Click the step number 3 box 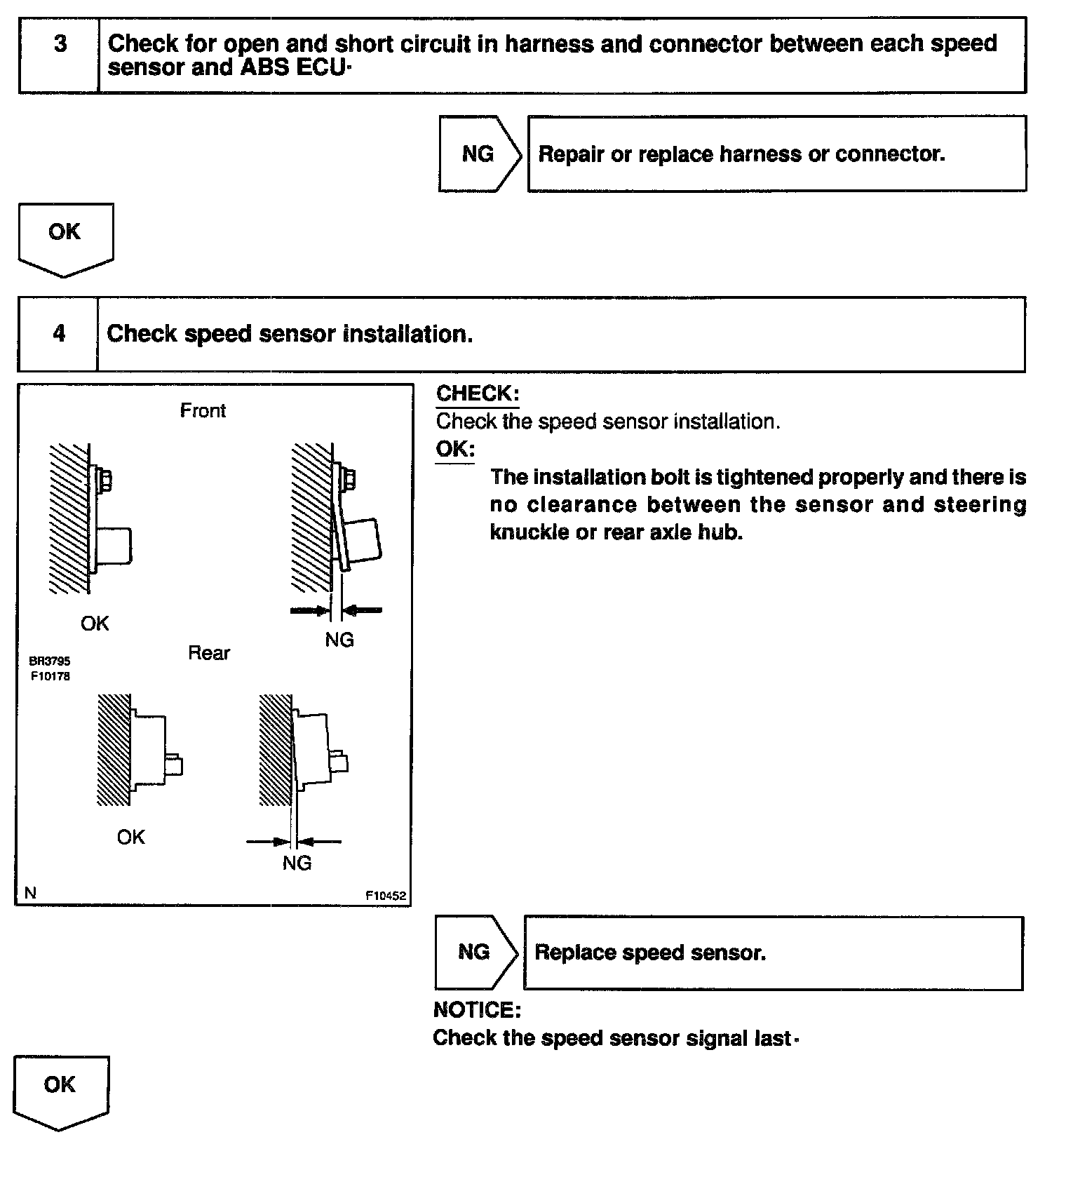coord(60,55)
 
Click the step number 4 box coord(59,333)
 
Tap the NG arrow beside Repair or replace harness coord(479,154)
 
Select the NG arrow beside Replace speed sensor coord(475,952)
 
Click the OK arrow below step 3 coord(65,237)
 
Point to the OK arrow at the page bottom coord(60,1089)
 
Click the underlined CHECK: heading coord(477,394)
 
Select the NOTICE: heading coord(477,1009)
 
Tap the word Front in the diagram coord(203,410)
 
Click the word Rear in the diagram coord(208,653)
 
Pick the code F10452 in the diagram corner coord(385,896)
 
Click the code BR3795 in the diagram coord(50,661)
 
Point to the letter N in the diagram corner coord(30,893)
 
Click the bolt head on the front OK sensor coord(105,480)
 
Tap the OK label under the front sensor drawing coord(95,623)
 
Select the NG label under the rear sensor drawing coord(297,863)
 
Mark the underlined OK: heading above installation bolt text coord(455,449)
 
